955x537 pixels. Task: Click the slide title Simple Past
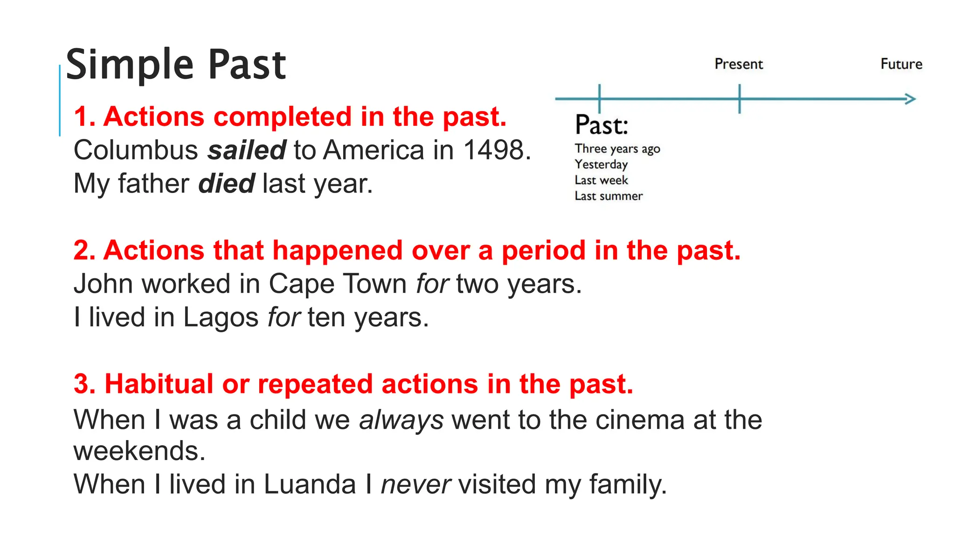point(176,65)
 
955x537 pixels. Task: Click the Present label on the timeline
point(739,64)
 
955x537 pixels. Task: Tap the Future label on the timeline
point(901,64)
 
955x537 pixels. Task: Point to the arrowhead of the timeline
point(911,99)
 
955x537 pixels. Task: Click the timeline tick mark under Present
point(740,99)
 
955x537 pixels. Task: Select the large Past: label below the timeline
point(602,125)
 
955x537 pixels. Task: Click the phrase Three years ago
point(617,149)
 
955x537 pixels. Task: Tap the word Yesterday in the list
point(601,165)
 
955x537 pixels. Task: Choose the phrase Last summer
point(608,196)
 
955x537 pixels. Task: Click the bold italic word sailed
point(247,150)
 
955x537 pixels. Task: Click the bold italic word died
point(227,184)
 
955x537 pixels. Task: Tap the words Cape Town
point(338,284)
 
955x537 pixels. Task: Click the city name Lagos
point(221,318)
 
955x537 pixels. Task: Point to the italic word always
point(401,420)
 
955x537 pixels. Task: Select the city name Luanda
point(310,484)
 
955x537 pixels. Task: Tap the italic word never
point(415,484)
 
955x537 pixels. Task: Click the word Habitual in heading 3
point(159,385)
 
